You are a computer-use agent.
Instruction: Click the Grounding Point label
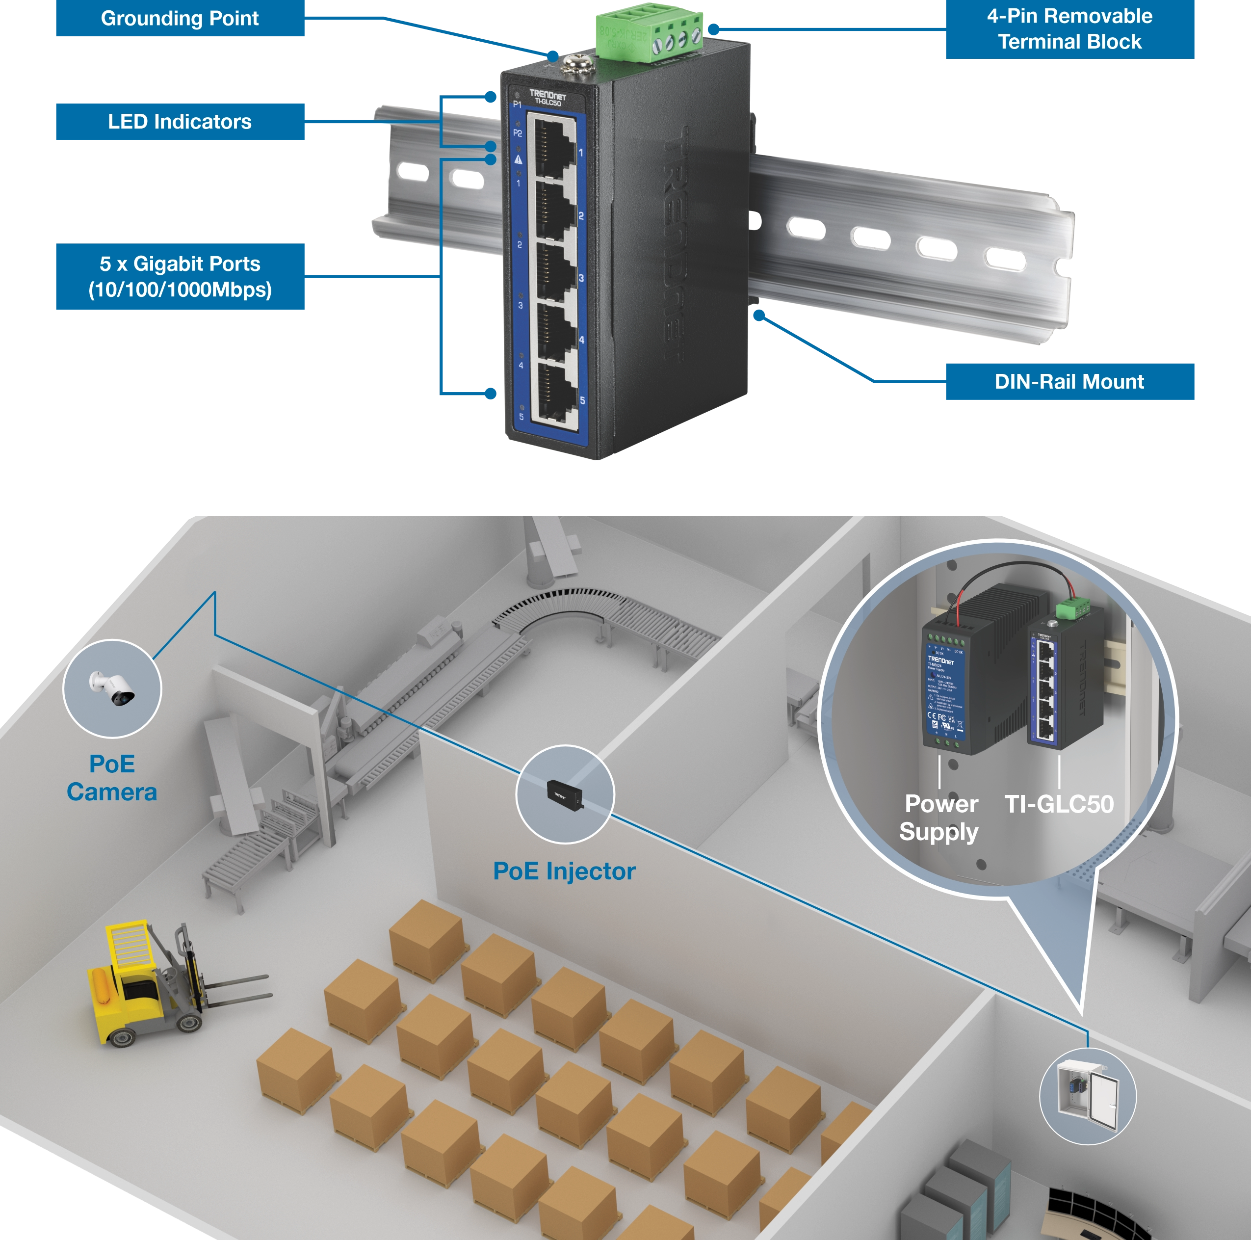[180, 19]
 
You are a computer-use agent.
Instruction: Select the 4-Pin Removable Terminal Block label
[1069, 29]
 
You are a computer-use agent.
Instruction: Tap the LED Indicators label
[180, 122]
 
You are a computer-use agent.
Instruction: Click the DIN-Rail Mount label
[1069, 381]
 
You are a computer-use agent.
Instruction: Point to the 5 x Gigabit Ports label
[180, 276]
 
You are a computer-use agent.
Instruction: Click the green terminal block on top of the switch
[649, 36]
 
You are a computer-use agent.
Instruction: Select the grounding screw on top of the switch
[573, 63]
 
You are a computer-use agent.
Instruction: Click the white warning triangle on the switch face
[518, 158]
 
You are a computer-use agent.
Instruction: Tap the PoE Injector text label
[564, 871]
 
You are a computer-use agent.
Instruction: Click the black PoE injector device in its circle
[564, 793]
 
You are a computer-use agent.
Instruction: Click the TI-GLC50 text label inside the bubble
[1059, 804]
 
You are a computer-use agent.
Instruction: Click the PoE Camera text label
[111, 778]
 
